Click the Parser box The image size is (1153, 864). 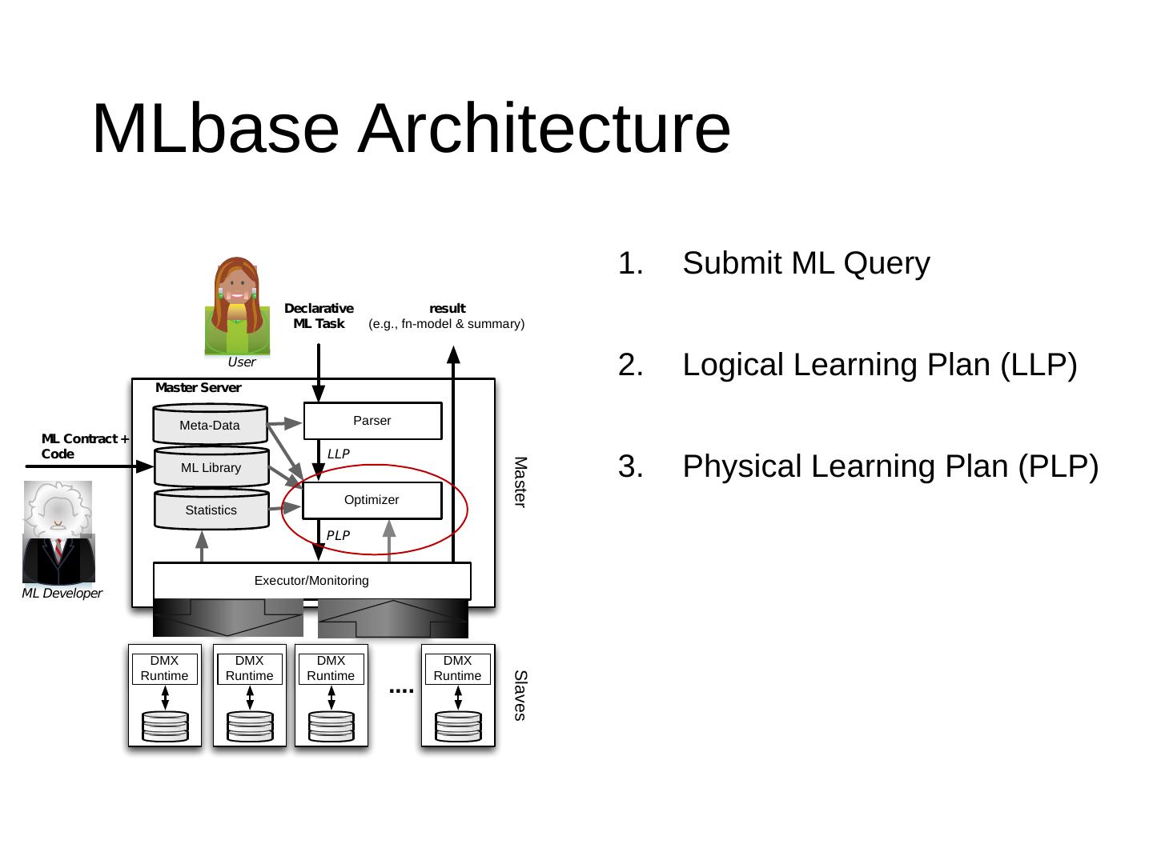coord(372,421)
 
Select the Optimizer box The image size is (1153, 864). coord(372,501)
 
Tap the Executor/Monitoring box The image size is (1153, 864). coord(312,581)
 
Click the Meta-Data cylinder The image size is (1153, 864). coord(210,424)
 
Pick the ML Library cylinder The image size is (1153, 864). coord(211,466)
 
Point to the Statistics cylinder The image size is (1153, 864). coord(211,509)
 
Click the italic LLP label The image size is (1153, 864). coord(338,454)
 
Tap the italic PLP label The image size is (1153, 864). coord(338,536)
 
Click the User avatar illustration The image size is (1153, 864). coord(238,306)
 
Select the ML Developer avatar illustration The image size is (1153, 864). coord(58,533)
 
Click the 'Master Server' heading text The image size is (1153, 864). coord(198,388)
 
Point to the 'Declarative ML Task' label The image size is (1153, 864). coord(319,316)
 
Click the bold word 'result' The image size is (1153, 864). coord(447,309)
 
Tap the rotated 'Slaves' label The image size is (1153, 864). coord(520,696)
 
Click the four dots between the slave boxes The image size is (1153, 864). coord(401,691)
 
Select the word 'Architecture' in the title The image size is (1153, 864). coord(544,129)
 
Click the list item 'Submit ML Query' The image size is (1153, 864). coord(806,263)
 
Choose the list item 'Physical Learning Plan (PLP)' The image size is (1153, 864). coord(890,466)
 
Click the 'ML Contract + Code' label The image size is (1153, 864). coord(85,446)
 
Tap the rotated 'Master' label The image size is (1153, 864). coord(520,482)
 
